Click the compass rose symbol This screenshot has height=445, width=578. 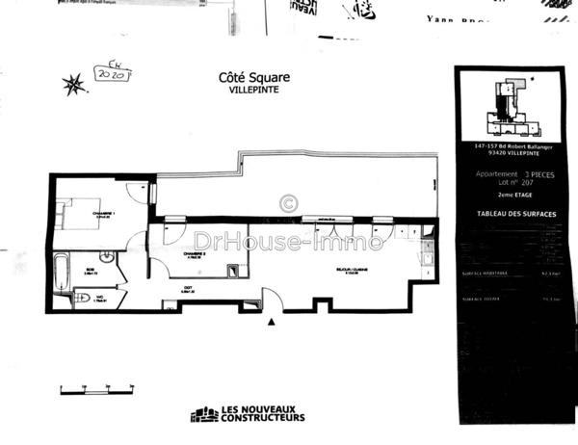(73, 85)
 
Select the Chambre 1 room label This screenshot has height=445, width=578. (104, 213)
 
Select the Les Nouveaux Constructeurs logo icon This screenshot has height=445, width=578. (204, 414)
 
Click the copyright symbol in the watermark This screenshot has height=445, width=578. (288, 203)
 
